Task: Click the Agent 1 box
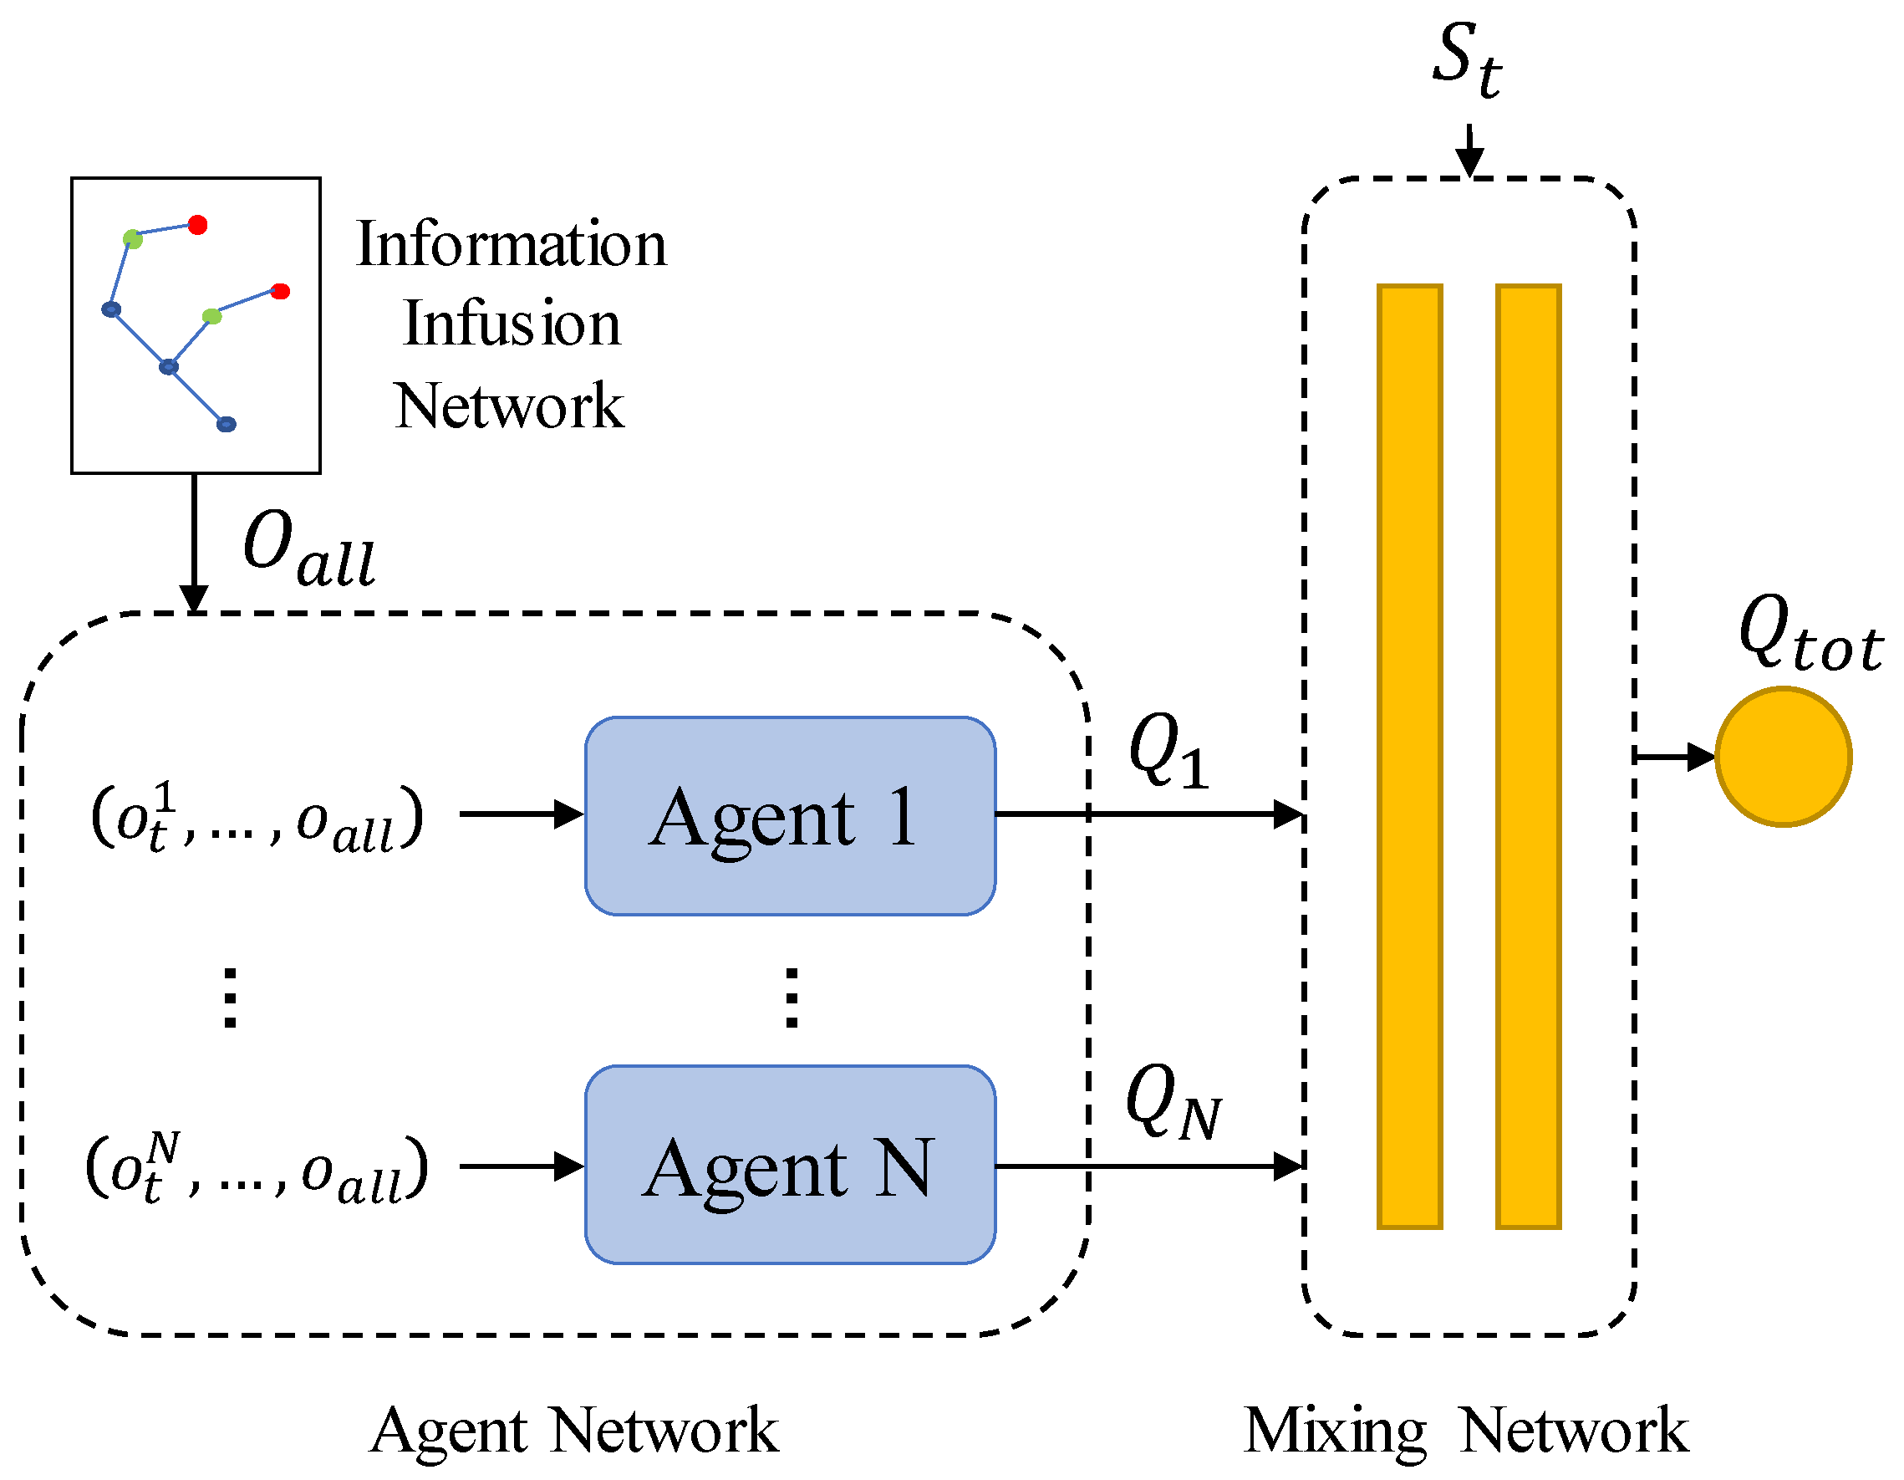coord(790,816)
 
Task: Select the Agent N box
coord(790,1165)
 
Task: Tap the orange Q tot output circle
coord(1784,757)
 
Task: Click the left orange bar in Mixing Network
coord(1410,757)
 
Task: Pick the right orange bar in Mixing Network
coord(1528,757)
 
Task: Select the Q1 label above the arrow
coord(1168,750)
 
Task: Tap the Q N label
coord(1173,1103)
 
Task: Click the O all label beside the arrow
coord(309,549)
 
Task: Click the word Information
coord(512,244)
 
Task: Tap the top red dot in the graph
coord(198,225)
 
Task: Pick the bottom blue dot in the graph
coord(226,424)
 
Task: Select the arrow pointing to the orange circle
coord(1674,757)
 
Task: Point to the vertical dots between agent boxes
coord(792,998)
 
